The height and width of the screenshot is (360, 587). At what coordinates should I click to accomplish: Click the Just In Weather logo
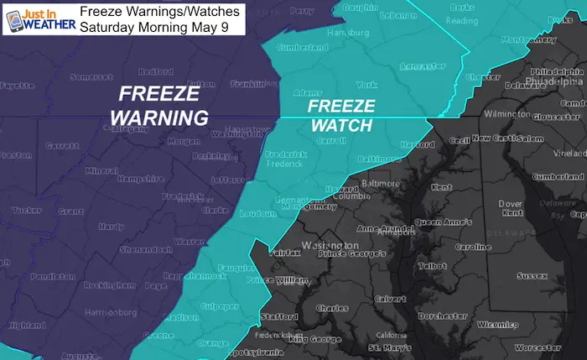coord(39,18)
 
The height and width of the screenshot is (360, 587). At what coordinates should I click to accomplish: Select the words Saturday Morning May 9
coord(158,26)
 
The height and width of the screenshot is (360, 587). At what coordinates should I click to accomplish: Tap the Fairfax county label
coord(286,251)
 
